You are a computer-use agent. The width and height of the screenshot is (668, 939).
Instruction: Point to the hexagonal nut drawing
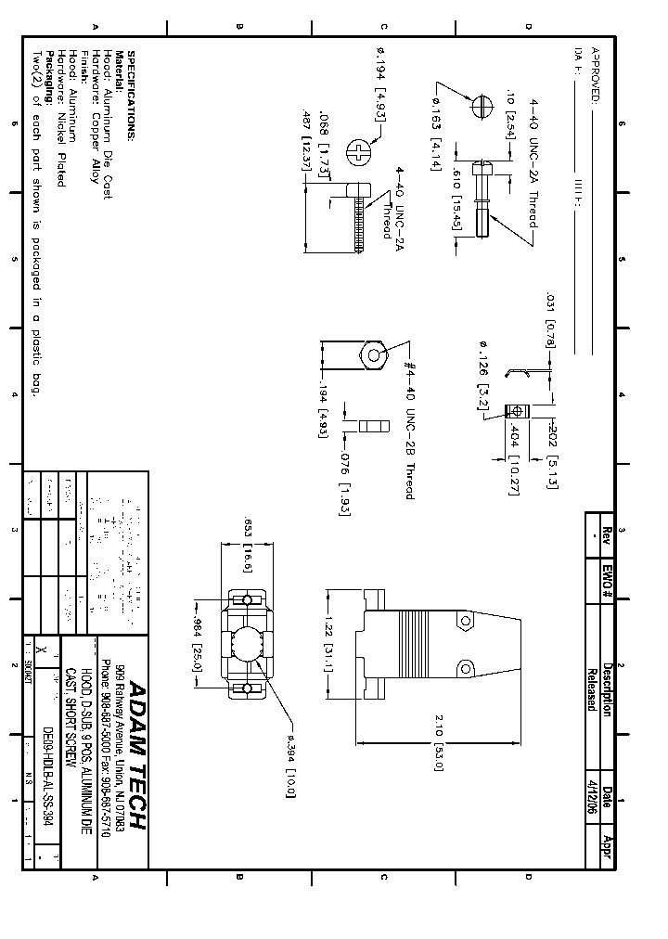coord(372,354)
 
